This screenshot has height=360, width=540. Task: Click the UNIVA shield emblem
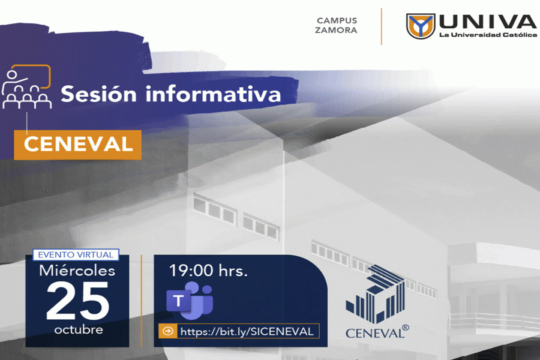coord(420,26)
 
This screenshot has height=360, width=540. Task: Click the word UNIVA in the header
coord(487,22)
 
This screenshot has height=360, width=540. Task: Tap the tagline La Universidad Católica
coord(488,34)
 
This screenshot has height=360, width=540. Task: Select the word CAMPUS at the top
coord(337,20)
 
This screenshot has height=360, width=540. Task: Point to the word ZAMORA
coord(336,31)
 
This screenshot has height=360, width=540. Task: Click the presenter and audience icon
coord(26,87)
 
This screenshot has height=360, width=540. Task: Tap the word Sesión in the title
coord(99,94)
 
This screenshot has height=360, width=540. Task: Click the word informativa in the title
coord(213,94)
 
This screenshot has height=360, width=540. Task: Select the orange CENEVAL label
coord(78,145)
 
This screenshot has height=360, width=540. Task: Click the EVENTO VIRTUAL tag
coord(76,255)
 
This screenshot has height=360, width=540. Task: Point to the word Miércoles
coord(77,271)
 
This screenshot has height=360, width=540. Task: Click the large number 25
coord(78,301)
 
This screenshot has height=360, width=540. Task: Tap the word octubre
coord(79,330)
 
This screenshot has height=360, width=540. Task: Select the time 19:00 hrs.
coord(208,271)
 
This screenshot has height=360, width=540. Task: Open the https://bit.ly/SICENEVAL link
coord(247,331)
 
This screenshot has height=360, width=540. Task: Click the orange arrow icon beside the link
coord(168,331)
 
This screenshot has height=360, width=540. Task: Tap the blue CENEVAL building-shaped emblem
coord(376,294)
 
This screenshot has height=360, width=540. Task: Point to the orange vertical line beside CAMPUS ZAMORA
coord(381,26)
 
